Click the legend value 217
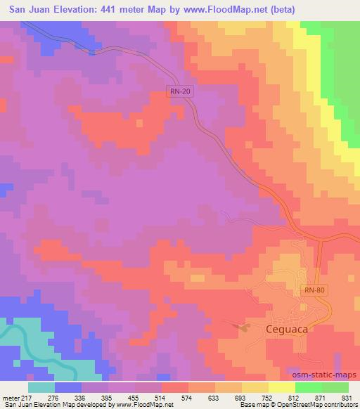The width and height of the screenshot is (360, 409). click(x=27, y=397)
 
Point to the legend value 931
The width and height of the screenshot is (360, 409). click(x=345, y=397)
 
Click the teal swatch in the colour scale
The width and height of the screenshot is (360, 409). click(x=41, y=387)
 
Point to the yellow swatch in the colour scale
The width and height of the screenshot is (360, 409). click(x=281, y=387)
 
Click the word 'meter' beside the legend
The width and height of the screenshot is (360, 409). click(x=10, y=397)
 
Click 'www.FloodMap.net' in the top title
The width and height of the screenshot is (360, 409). click(x=223, y=9)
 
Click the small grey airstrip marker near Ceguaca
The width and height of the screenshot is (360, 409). click(x=243, y=325)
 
